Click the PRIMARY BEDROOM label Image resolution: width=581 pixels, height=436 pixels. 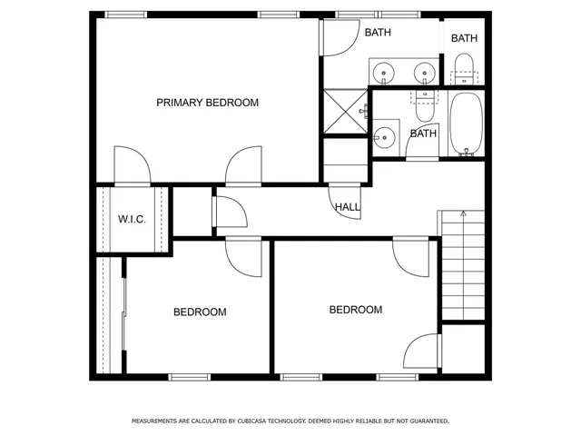coord(207,103)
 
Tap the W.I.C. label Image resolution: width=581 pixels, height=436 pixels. coord(132,220)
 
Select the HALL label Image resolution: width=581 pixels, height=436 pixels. coord(347,207)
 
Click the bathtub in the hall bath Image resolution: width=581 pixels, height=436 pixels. coord(468,124)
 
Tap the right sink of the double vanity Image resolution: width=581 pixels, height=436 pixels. coord(422,71)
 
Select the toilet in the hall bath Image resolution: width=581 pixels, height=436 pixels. coord(424,104)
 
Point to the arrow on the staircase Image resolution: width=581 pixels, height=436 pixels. coord(463,214)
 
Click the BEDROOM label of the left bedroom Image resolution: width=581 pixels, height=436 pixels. coord(200,312)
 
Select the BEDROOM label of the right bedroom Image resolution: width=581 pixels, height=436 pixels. coord(355,310)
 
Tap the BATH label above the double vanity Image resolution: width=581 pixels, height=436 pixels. coord(378,33)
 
